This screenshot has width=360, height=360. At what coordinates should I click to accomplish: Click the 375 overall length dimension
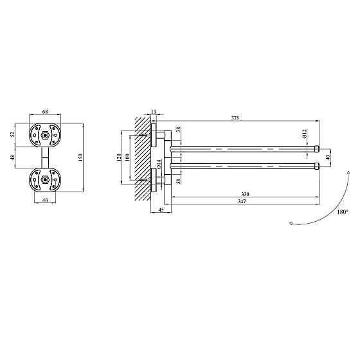tap(235, 118)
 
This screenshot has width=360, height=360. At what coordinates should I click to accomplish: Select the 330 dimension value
tap(245, 194)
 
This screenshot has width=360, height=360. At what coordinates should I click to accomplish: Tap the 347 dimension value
tap(242, 201)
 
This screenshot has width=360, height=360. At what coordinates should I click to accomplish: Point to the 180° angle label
tap(343, 212)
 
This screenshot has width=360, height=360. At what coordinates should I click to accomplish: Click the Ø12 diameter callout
tap(305, 134)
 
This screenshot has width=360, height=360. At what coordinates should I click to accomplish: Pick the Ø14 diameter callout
tap(159, 164)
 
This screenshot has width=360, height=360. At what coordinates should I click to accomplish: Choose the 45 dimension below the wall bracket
tap(161, 210)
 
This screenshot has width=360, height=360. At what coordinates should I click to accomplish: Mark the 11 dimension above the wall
tap(154, 112)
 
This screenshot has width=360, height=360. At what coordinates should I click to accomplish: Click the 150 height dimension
tap(80, 157)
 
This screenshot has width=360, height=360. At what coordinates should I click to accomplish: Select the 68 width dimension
tap(45, 112)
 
